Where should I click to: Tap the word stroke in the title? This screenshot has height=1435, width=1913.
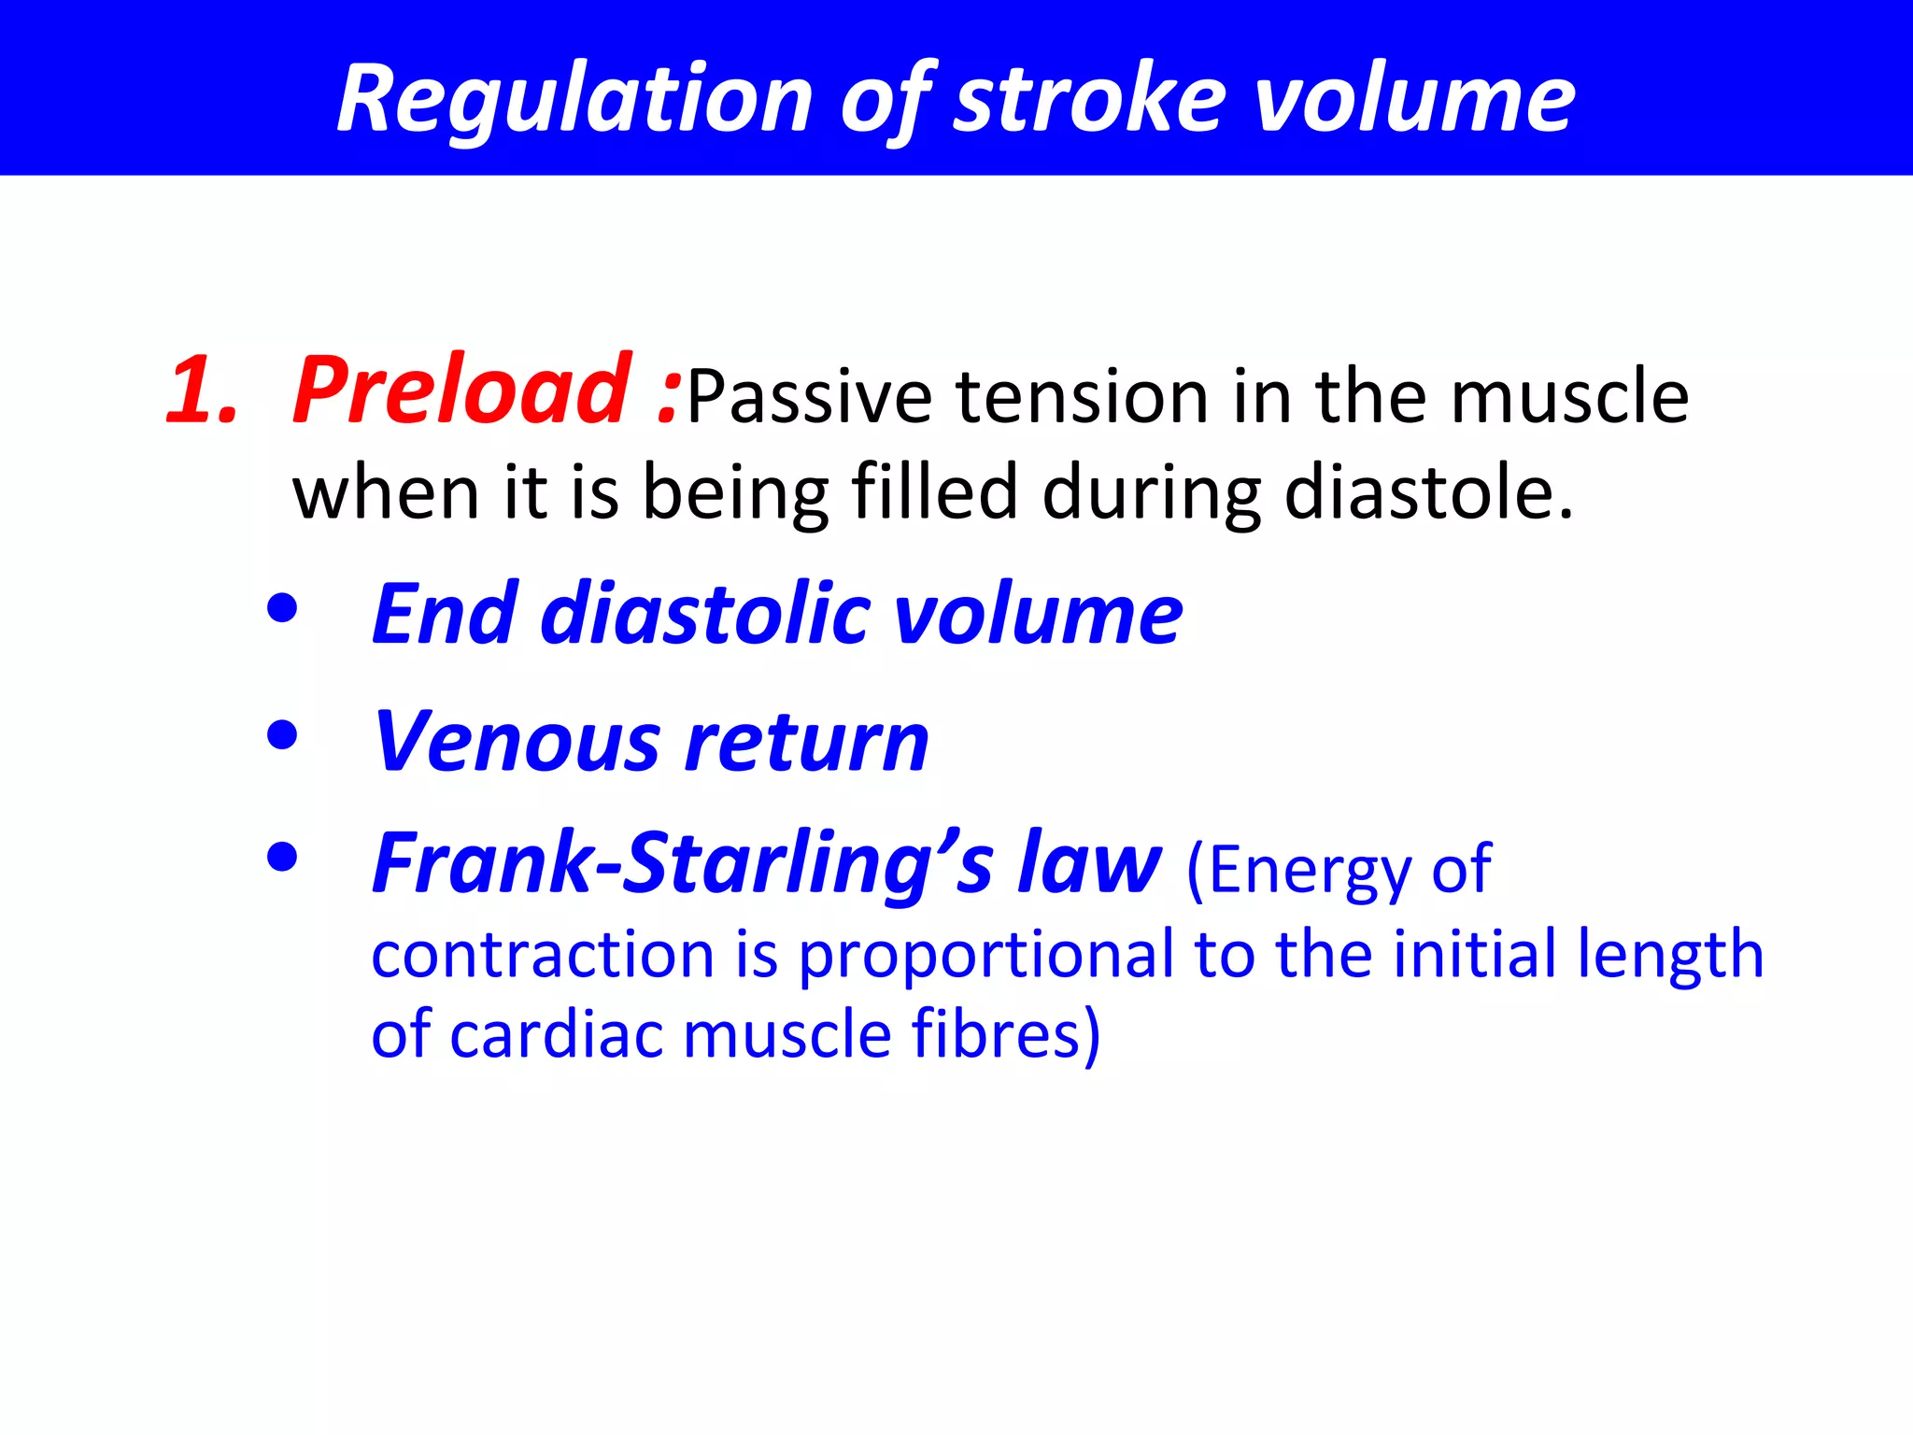1089,99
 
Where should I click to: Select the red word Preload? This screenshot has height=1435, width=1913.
461,391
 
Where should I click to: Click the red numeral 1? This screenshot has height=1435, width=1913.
201,391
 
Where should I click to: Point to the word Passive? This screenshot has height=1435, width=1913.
809,398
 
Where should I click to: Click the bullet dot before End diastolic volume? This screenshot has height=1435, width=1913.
281,610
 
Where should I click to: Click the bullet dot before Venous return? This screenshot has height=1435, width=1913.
281,735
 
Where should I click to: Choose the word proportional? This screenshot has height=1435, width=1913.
985,954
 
